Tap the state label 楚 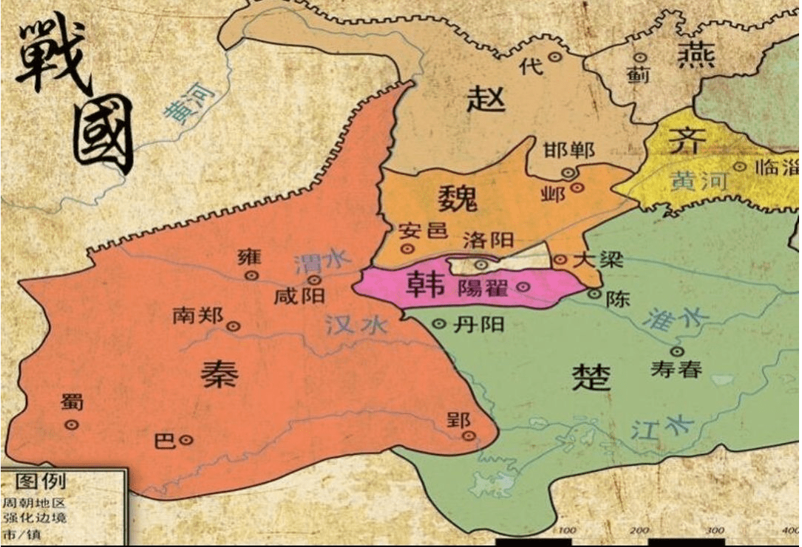[x=591, y=377]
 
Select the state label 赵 [x=486, y=98]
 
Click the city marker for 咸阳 [x=315, y=280]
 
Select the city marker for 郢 [x=468, y=436]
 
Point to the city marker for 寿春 [x=677, y=351]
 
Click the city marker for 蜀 [x=72, y=424]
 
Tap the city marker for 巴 [x=186, y=440]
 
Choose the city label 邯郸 [x=568, y=151]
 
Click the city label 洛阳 [x=488, y=239]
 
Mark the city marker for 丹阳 [x=438, y=323]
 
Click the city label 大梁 [x=598, y=259]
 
